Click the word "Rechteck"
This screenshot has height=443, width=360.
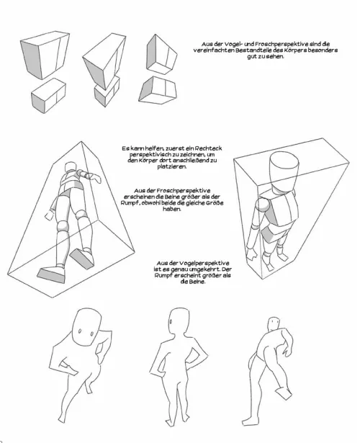click(x=208, y=148)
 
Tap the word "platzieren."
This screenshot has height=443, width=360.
click(x=172, y=166)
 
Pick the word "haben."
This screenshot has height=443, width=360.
click(x=171, y=209)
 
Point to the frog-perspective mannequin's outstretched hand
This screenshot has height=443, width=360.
click(x=96, y=178)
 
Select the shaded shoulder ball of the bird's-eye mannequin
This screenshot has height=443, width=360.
click(x=263, y=205)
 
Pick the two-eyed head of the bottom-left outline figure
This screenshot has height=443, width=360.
click(x=86, y=326)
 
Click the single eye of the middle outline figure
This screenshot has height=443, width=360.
click(x=171, y=321)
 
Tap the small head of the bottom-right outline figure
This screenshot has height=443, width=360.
click(x=273, y=323)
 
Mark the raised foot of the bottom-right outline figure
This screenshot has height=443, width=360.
click(x=283, y=393)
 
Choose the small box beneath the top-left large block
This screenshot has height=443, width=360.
click(x=48, y=96)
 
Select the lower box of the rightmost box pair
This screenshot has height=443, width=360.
click(x=158, y=90)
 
